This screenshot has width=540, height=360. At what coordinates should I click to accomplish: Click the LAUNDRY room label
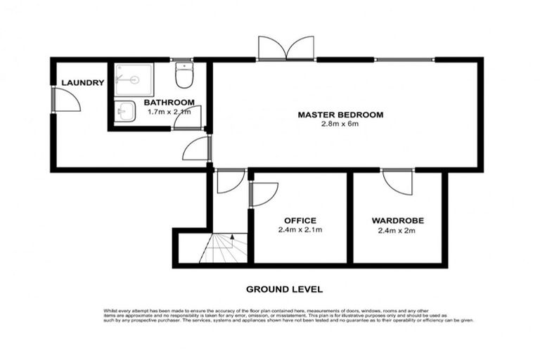(x=82, y=83)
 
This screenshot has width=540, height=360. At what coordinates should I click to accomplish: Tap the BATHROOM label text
(x=169, y=102)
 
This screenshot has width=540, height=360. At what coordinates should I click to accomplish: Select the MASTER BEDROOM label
(x=340, y=115)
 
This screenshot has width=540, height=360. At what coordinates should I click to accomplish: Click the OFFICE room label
(x=300, y=220)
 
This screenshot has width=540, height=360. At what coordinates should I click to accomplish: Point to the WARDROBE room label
(x=398, y=220)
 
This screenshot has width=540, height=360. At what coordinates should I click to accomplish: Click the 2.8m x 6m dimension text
(x=340, y=124)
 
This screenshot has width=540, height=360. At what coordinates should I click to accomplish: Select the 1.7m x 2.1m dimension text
(x=169, y=111)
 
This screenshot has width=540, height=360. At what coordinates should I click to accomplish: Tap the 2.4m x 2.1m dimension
(x=300, y=230)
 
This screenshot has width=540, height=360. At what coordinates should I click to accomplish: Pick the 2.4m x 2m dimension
(x=398, y=230)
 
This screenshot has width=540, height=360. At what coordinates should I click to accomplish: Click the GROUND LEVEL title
(x=284, y=289)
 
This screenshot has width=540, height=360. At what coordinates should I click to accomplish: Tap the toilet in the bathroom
(x=184, y=76)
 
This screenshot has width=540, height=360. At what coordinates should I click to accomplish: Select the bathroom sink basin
(x=125, y=112)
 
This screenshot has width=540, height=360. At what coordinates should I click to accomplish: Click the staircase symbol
(x=224, y=248)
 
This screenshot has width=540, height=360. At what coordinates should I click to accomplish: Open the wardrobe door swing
(x=397, y=182)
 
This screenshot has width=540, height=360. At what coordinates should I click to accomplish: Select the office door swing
(x=263, y=193)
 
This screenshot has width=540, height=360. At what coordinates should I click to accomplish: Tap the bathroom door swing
(x=188, y=117)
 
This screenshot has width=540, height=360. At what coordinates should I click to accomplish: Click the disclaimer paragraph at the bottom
(x=284, y=314)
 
